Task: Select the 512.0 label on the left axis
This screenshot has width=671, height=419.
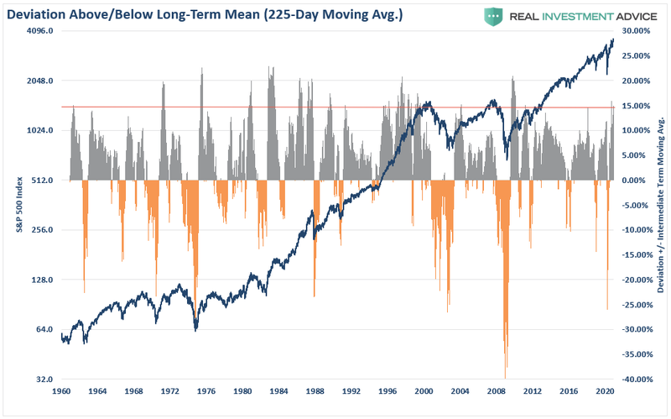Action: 41,181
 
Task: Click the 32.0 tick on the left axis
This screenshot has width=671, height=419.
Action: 44,380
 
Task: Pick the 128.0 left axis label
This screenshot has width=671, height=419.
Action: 41,280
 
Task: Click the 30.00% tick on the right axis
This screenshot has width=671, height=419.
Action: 635,31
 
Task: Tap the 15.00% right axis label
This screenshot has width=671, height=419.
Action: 635,106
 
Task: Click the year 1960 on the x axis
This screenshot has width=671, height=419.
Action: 61,392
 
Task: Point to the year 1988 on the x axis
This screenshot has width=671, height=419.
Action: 315,392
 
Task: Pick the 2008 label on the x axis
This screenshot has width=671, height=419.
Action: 497,392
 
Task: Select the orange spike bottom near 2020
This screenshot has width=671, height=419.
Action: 607,307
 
